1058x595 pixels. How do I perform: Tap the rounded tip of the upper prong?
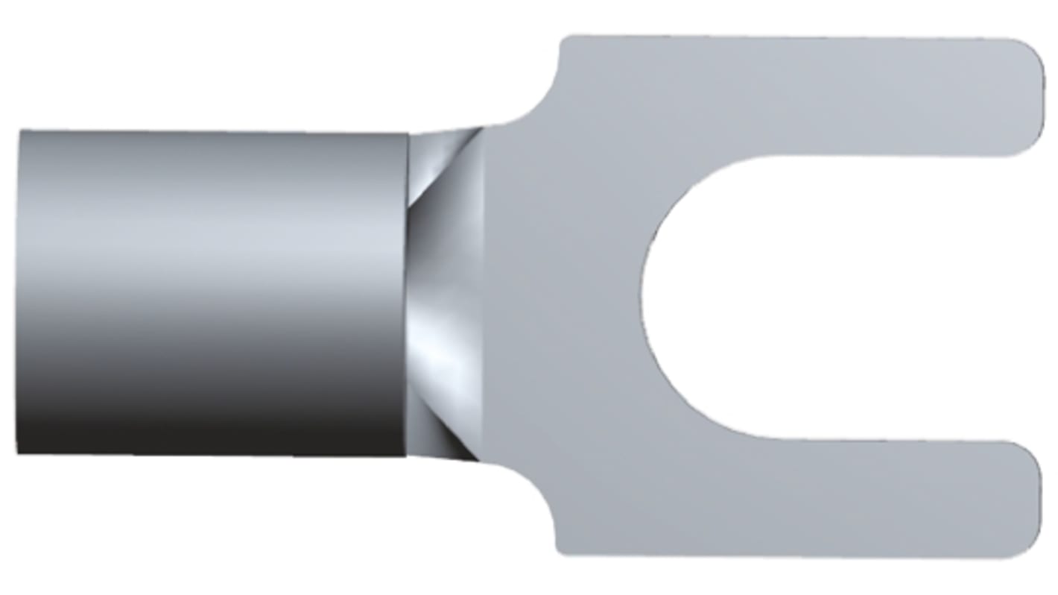tap(1032, 97)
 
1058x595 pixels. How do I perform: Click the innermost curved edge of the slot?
tap(642, 297)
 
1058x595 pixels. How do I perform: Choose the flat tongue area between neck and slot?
tap(566, 297)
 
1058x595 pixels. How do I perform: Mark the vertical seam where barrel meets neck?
tap(408, 295)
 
